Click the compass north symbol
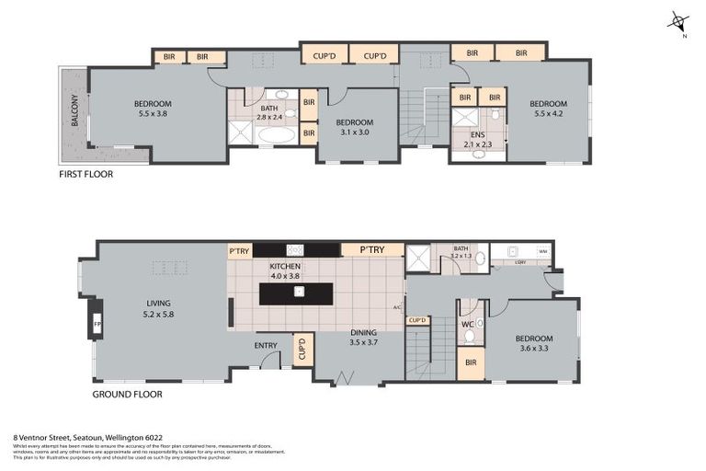click(678, 22)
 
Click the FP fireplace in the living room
click(97, 325)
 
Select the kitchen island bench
click(298, 293)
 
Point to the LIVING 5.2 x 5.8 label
click(159, 308)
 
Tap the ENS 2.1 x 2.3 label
click(476, 140)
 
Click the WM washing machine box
click(542, 250)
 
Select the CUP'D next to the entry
click(302, 349)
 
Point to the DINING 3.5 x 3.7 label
click(364, 338)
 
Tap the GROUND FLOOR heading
click(127, 394)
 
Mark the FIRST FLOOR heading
click(85, 173)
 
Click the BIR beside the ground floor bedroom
click(471, 363)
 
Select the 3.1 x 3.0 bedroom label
click(354, 127)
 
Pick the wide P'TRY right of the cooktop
click(371, 249)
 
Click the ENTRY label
click(266, 346)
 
